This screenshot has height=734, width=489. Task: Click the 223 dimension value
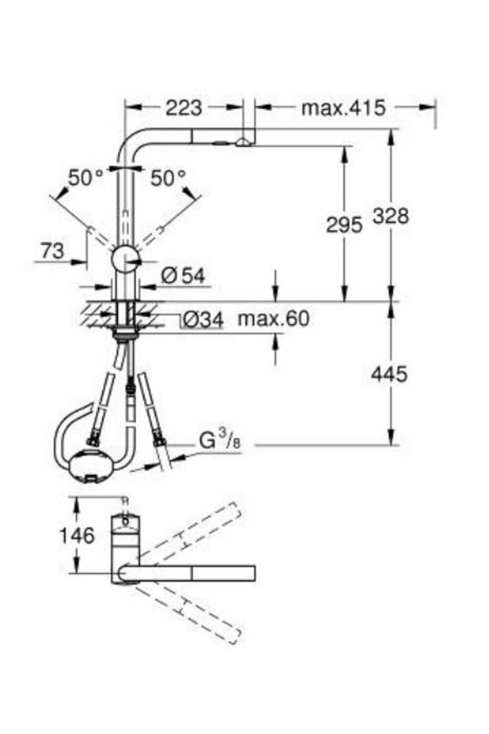coord(184,108)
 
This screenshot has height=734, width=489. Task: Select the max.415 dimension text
coord(343,108)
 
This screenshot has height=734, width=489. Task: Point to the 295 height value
coord(344,225)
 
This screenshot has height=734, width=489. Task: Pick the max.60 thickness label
coord(273,318)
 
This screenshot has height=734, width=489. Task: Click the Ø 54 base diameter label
coord(183,276)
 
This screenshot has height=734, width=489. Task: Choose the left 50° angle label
coord(86,178)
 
